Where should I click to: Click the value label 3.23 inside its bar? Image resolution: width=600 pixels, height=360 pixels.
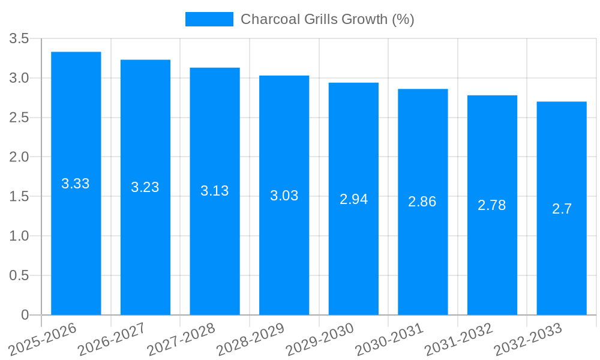(x=145, y=187)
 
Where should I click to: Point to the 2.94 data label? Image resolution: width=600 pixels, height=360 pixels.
(x=353, y=199)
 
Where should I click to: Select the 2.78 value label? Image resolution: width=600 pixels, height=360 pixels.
(x=492, y=205)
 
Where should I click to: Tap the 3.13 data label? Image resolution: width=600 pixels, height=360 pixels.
(x=215, y=191)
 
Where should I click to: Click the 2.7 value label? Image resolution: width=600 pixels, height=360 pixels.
(x=562, y=209)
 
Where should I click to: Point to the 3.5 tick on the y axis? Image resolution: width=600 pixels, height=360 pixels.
(x=19, y=39)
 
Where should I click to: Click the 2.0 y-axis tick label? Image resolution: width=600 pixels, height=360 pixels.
(x=19, y=157)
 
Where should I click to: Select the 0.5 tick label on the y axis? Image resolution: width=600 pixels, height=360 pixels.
(x=19, y=275)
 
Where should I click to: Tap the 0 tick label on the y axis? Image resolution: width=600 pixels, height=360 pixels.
(x=25, y=315)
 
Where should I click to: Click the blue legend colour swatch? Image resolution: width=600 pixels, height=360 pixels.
(x=209, y=19)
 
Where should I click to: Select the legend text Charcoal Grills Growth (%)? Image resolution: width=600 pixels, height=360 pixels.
(x=327, y=19)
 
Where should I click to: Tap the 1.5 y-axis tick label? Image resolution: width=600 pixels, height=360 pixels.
(x=19, y=197)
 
